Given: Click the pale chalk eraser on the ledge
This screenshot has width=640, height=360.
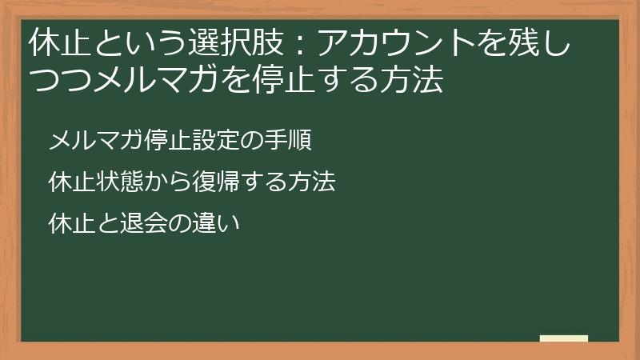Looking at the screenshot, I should [564, 338].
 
